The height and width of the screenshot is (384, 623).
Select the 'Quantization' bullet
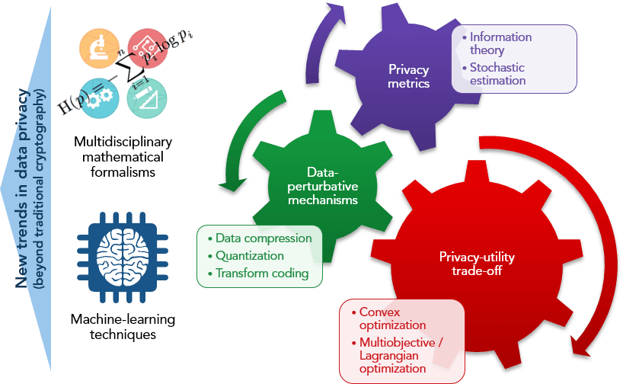[249, 256]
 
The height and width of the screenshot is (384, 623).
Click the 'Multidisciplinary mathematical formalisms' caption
[123, 157]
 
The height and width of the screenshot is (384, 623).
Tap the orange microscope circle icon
[96, 48]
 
